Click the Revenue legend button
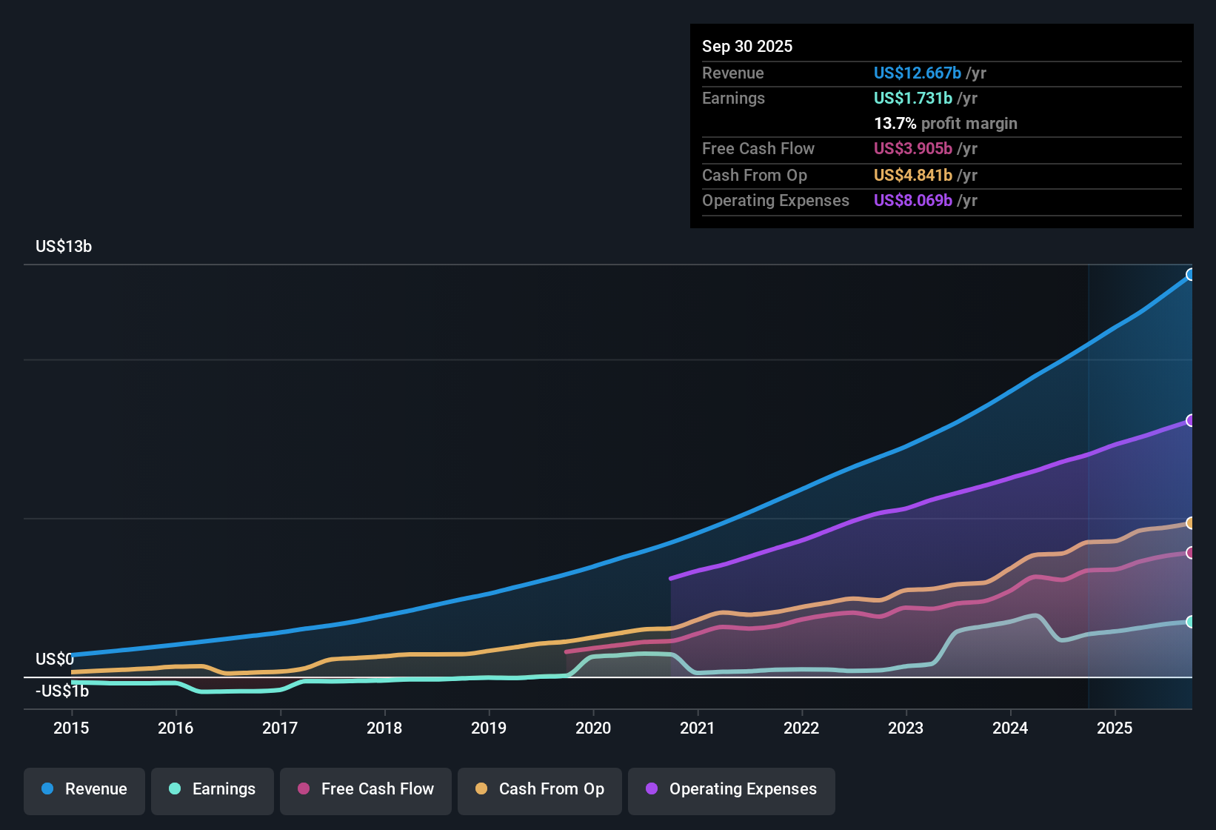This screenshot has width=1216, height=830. [x=84, y=789]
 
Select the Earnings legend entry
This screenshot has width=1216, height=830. [x=212, y=789]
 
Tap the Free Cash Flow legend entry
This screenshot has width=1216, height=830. [x=365, y=789]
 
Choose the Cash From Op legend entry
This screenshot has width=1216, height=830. [x=539, y=789]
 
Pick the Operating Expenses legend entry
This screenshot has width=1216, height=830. [x=731, y=789]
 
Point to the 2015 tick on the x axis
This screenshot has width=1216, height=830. [x=71, y=728]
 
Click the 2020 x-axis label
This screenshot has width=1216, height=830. [x=593, y=728]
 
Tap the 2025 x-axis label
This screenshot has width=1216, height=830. [x=1115, y=728]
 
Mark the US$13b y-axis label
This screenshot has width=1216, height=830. [x=64, y=247]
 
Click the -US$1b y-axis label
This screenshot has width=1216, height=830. [x=62, y=691]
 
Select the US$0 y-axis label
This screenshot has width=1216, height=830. [x=55, y=660]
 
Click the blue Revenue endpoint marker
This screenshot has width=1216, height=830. [x=1190, y=275]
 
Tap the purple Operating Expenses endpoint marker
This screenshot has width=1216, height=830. [x=1190, y=421]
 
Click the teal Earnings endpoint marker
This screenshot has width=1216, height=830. [x=1190, y=622]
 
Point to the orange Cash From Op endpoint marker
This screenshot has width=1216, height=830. [x=1190, y=523]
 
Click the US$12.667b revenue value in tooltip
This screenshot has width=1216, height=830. [x=917, y=73]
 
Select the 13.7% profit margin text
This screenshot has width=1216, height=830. [x=945, y=124]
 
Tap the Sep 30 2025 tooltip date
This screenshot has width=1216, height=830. [x=746, y=47]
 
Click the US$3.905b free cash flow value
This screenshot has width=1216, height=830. [x=912, y=149]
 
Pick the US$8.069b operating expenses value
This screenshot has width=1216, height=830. [x=912, y=201]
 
